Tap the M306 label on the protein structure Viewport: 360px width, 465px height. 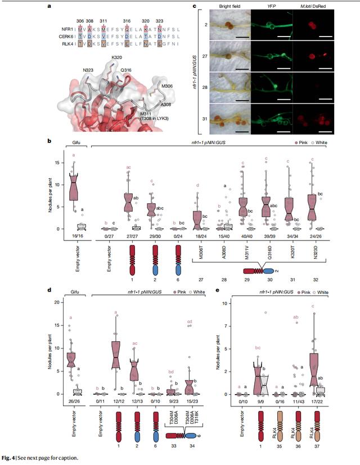pos(166,86)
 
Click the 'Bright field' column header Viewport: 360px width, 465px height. pos(228,8)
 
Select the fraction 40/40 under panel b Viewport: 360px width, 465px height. pos(245,238)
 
